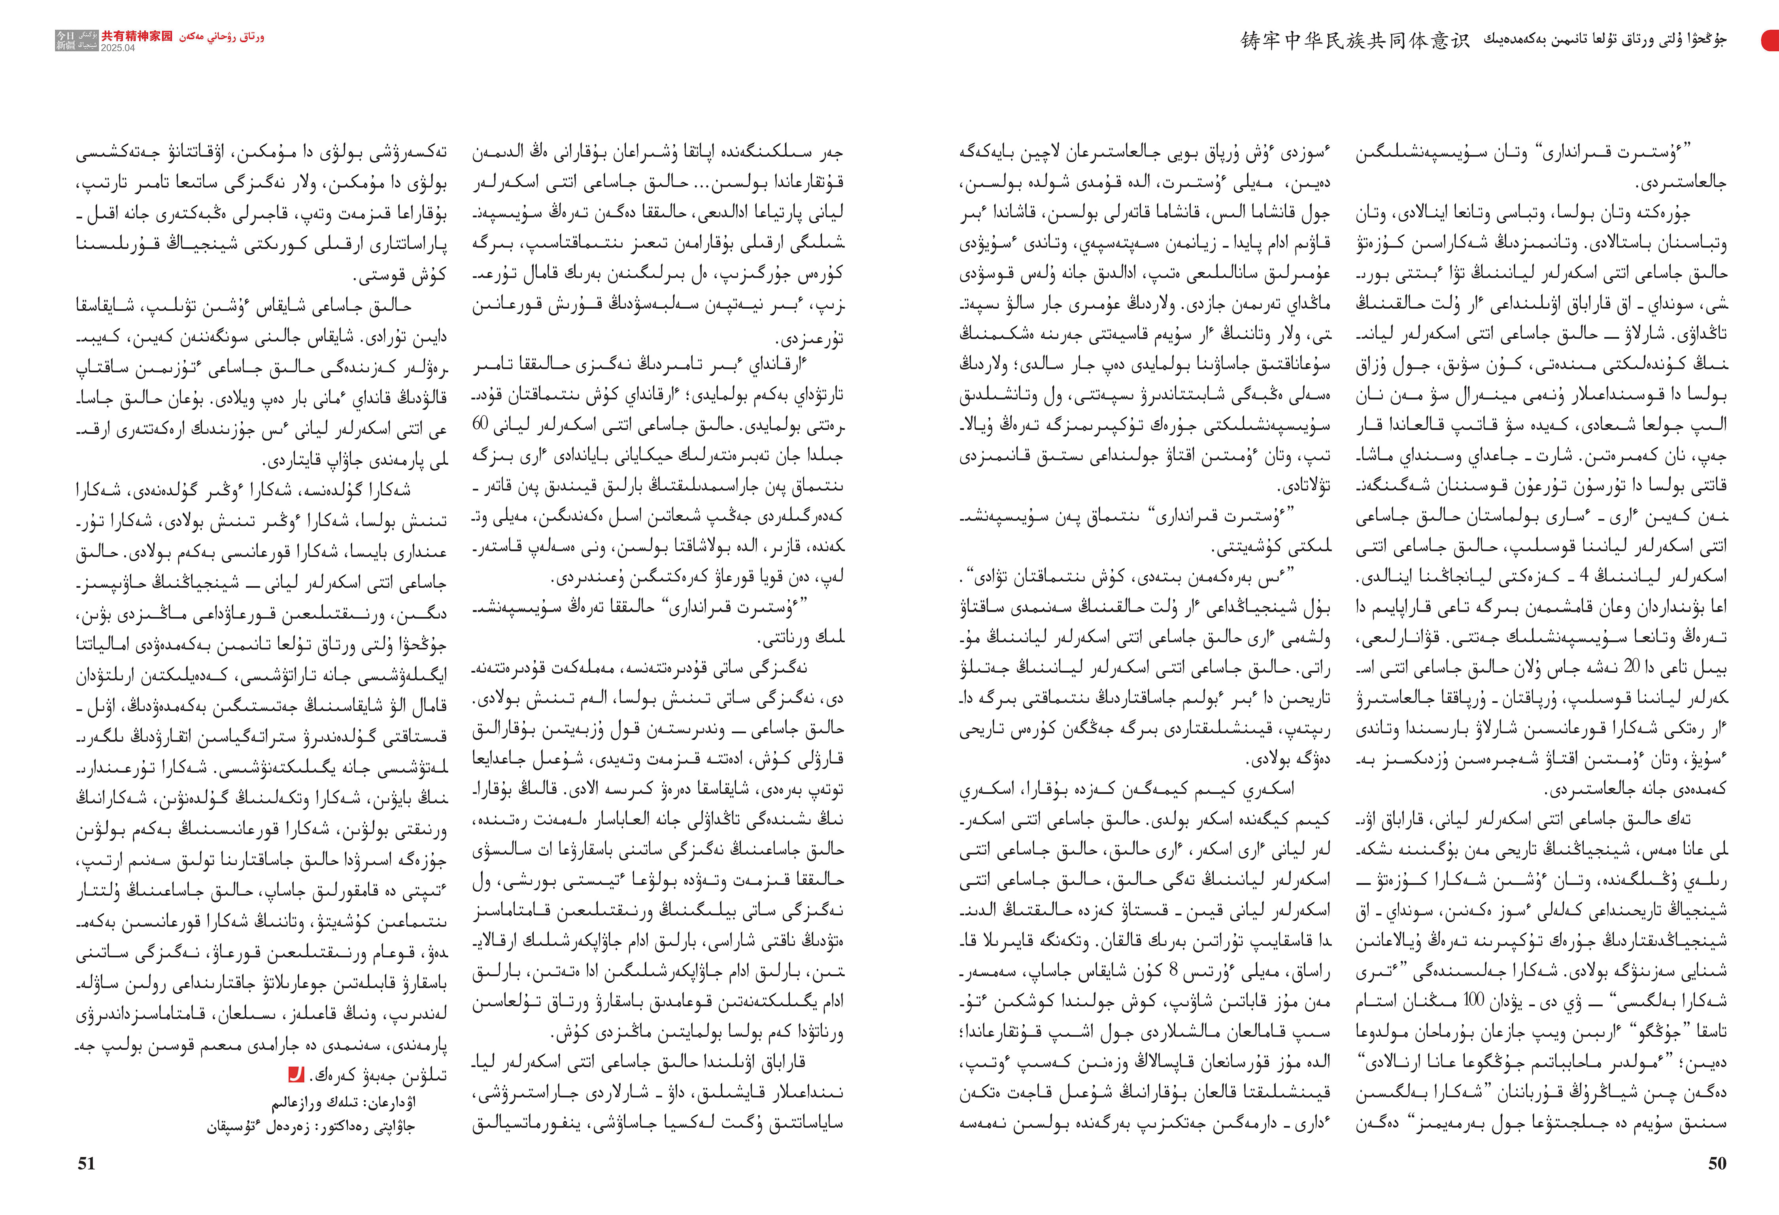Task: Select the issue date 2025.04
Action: [x=118, y=47]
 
